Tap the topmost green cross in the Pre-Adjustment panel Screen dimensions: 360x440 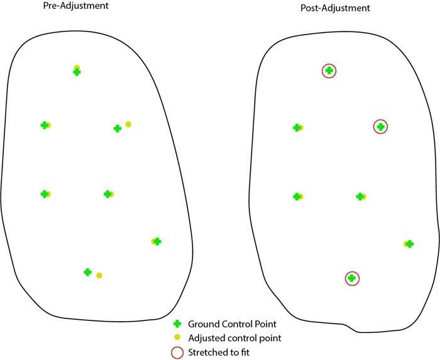point(77,72)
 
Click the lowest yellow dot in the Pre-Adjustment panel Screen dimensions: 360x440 point(99,275)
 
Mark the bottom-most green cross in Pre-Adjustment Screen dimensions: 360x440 point(88,272)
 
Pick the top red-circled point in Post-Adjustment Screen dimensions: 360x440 point(329,71)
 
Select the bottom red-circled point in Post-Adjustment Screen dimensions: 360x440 point(352,278)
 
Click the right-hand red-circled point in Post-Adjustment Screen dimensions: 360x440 point(380,126)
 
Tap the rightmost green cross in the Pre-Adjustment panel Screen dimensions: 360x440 point(157,241)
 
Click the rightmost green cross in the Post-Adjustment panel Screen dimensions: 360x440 point(410,244)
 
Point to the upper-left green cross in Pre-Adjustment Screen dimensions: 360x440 point(44,125)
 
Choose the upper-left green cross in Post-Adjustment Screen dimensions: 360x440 point(297,128)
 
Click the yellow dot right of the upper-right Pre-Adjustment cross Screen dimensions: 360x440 point(128,124)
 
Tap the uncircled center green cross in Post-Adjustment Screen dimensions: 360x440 point(360,197)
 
